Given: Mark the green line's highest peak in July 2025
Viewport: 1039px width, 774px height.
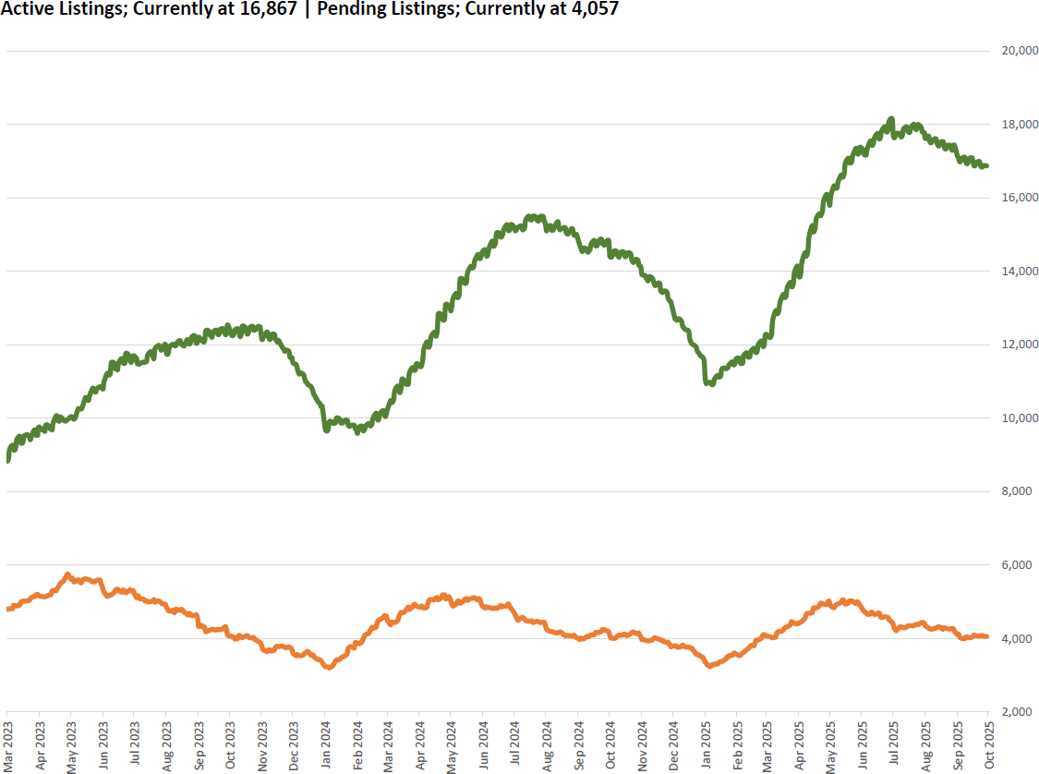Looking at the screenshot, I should (x=891, y=119).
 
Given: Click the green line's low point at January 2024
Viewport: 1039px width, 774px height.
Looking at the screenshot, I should (x=326, y=429).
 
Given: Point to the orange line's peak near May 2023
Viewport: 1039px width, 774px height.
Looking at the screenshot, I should (x=68, y=574).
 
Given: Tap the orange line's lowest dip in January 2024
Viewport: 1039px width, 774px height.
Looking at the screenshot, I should (x=328, y=667).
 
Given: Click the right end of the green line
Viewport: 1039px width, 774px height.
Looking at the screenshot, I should (x=987, y=166).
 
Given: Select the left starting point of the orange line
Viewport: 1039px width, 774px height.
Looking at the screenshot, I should (x=7, y=609).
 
